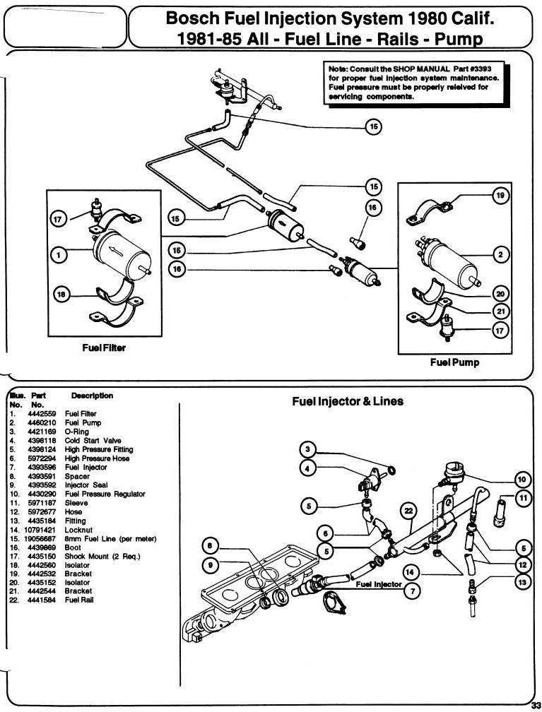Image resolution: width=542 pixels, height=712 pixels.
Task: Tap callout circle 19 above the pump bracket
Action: click(x=500, y=195)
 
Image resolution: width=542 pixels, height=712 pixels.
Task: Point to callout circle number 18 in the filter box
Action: click(x=61, y=295)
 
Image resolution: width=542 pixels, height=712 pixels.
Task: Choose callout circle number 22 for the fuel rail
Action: click(x=408, y=511)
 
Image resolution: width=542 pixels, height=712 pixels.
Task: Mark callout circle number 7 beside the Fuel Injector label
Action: click(x=413, y=591)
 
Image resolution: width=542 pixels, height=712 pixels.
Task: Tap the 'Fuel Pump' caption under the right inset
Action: click(x=454, y=362)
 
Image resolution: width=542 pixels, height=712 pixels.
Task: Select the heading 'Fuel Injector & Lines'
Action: click(x=348, y=401)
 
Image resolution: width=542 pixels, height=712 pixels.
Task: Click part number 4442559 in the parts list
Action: click(x=42, y=414)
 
